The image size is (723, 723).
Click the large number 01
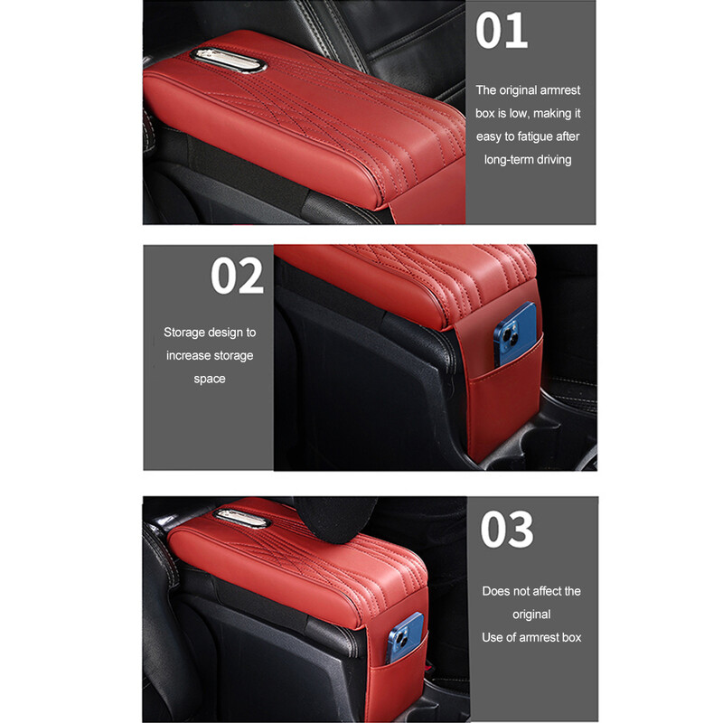click(502, 31)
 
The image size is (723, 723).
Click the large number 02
click(237, 276)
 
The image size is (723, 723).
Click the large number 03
click(507, 530)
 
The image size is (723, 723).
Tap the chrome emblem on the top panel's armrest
click(229, 61)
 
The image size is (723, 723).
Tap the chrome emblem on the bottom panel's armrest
click(241, 518)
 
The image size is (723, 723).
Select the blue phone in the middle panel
click(515, 334)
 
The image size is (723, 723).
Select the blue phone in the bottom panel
click(404, 637)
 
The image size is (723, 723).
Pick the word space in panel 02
click(210, 379)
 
